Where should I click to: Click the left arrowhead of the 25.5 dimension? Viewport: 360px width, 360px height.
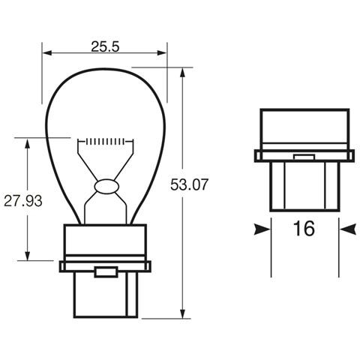click(47, 52)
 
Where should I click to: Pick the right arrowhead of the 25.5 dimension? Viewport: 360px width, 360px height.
click(163, 52)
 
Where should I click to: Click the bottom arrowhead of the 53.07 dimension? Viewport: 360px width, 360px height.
click(183, 313)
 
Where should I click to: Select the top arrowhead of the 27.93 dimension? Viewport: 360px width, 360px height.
click(28, 141)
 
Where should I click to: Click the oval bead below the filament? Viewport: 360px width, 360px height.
click(105, 185)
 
